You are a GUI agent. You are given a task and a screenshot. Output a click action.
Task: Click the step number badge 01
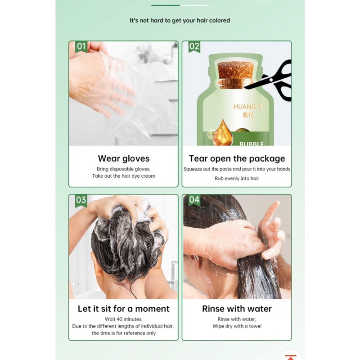(x=81, y=47)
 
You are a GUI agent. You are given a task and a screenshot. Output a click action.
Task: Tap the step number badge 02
(x=194, y=47)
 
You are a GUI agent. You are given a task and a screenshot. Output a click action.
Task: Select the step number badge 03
(x=81, y=200)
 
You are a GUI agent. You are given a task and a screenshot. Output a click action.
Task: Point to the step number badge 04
(x=194, y=200)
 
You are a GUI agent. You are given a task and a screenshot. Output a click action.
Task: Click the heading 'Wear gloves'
(x=123, y=159)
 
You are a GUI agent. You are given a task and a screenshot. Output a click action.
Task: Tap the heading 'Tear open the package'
(x=237, y=159)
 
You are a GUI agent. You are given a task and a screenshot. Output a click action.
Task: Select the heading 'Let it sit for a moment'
(x=123, y=309)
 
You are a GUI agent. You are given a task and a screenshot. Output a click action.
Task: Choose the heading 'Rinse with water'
(x=237, y=309)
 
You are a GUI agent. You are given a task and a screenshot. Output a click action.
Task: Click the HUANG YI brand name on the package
(x=248, y=107)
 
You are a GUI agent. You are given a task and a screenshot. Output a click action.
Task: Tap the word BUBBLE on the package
(x=252, y=144)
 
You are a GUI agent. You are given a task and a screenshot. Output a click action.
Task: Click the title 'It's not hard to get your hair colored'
(x=180, y=20)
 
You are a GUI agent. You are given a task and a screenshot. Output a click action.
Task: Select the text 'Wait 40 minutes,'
(x=123, y=319)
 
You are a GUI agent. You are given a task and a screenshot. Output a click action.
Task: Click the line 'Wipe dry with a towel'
(x=237, y=326)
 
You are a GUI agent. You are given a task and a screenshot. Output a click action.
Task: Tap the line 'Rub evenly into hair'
(x=237, y=178)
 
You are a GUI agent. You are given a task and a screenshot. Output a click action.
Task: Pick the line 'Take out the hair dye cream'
(x=123, y=176)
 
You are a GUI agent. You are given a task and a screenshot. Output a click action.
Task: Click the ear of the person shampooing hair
(x=96, y=264)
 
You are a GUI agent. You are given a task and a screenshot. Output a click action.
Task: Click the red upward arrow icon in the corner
(x=291, y=357)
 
